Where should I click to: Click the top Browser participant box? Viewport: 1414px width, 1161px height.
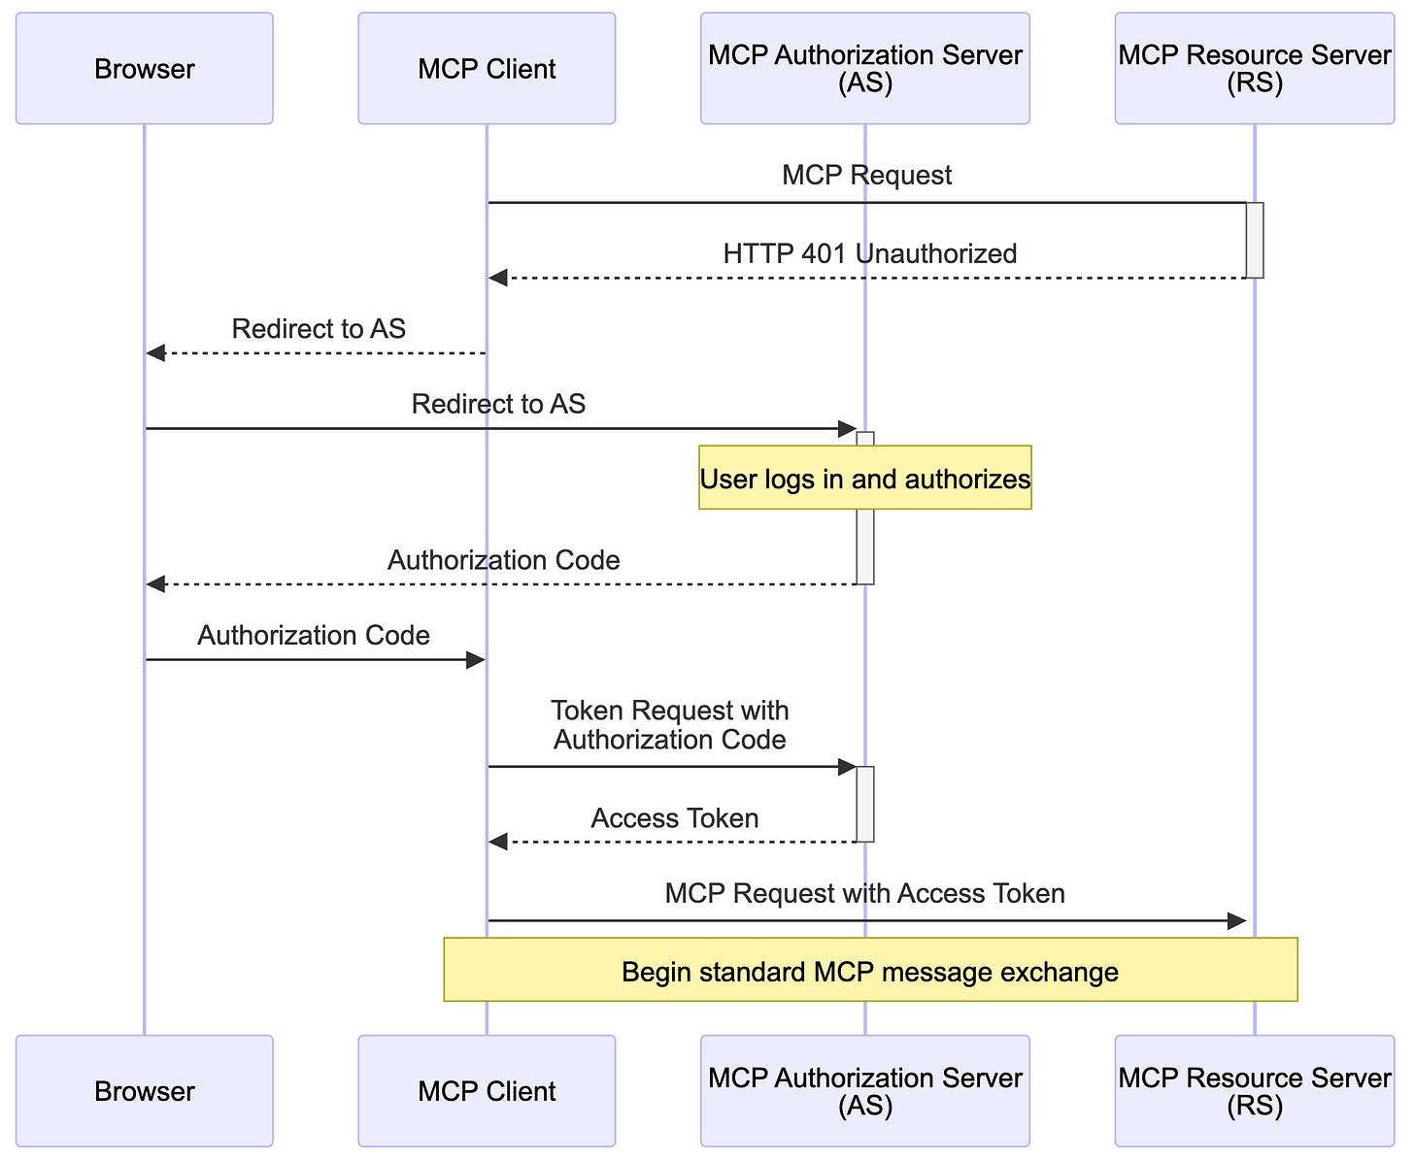click(x=144, y=69)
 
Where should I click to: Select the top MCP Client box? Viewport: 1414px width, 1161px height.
click(x=487, y=69)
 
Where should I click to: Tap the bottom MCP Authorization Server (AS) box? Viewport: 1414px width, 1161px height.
click(x=864, y=1091)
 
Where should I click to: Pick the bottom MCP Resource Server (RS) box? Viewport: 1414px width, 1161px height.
click(x=1254, y=1091)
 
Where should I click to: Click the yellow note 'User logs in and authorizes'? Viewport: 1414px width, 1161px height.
click(x=864, y=478)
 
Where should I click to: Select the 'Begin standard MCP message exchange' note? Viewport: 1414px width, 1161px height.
click(x=870, y=970)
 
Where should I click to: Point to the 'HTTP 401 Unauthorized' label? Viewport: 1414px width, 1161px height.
click(x=869, y=253)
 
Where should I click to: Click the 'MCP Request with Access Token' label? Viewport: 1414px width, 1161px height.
click(x=864, y=893)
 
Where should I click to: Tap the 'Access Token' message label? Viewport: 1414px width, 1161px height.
click(x=674, y=818)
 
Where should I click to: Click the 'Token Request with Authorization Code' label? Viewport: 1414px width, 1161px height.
click(x=669, y=725)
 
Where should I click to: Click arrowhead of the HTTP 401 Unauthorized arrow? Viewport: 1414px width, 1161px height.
click(x=497, y=279)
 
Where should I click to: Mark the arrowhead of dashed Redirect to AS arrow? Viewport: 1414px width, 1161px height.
click(x=155, y=353)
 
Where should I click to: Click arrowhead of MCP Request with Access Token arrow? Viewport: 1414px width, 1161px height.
click(x=1236, y=920)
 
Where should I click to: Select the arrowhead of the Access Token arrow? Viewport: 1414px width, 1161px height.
click(x=497, y=842)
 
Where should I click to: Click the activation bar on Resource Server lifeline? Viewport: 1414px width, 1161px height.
click(x=1254, y=240)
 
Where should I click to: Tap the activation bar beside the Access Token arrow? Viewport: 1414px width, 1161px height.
click(x=865, y=804)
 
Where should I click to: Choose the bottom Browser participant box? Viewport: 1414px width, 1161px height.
click(x=144, y=1091)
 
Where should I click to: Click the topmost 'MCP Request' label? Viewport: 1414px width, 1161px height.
click(x=866, y=176)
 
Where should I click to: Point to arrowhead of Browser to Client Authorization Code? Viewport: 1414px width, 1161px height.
click(x=475, y=660)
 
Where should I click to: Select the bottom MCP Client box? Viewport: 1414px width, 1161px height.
click(x=487, y=1091)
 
